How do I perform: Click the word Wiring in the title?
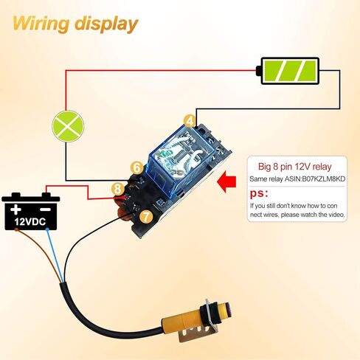(41, 24)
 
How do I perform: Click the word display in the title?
(106, 24)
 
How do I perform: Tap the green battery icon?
(288, 71)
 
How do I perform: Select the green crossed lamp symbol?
(68, 126)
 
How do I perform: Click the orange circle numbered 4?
(190, 121)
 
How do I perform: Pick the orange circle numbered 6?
(137, 167)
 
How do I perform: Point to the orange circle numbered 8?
(118, 189)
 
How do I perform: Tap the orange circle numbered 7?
(146, 217)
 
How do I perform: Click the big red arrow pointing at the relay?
(227, 182)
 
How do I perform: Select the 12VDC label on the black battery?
(30, 222)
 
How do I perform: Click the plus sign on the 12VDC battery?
(15, 210)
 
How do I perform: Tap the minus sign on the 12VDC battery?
(45, 210)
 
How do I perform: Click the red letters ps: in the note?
(259, 193)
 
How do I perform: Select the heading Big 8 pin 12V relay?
(295, 167)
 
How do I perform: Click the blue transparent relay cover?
(181, 160)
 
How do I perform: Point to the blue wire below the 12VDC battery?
(56, 256)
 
